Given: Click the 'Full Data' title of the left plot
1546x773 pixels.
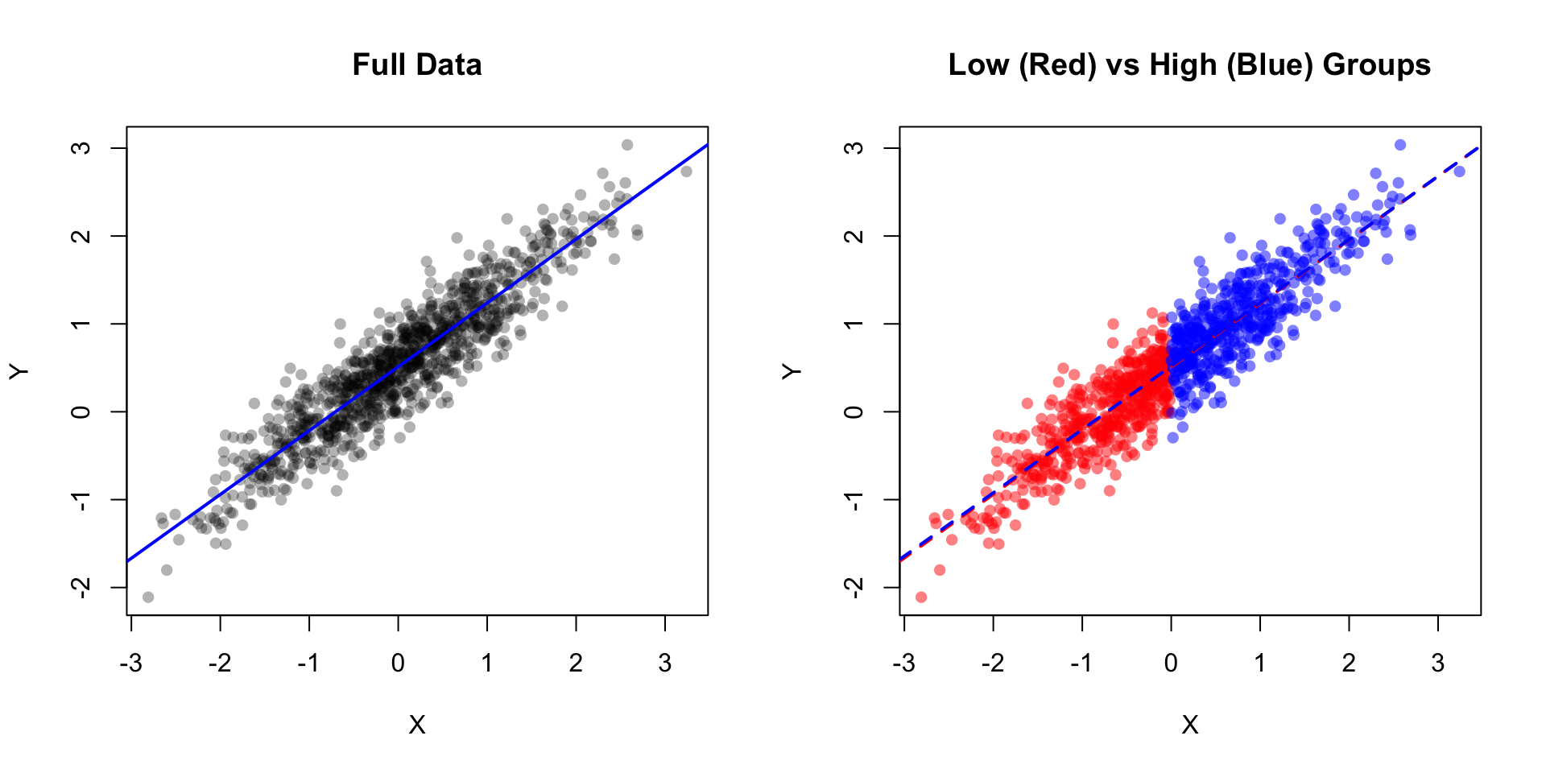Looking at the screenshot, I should pos(417,64).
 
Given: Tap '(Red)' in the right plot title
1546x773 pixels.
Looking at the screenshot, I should pos(1057,64).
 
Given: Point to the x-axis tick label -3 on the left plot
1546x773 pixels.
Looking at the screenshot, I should pos(130,663).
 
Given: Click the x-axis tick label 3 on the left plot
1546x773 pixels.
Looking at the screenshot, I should pos(665,663).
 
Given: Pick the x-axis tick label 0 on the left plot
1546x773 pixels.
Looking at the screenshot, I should pos(398,663).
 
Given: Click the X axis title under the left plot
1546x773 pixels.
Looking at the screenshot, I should pos(417,725).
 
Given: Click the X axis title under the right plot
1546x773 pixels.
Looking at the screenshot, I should pos(1190,725).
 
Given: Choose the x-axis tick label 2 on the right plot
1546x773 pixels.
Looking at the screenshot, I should pos(1349,663).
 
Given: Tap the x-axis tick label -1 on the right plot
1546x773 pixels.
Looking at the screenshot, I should pos(1081,663).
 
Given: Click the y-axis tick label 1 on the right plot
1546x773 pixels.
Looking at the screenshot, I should pos(854,324).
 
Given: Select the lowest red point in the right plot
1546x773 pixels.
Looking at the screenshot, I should pos(921,597).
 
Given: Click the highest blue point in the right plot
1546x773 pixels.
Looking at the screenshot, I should pos(1400,145).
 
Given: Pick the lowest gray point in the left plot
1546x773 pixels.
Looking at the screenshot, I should pos(148,597).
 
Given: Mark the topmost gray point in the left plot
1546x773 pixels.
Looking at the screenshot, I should pos(627,145).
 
